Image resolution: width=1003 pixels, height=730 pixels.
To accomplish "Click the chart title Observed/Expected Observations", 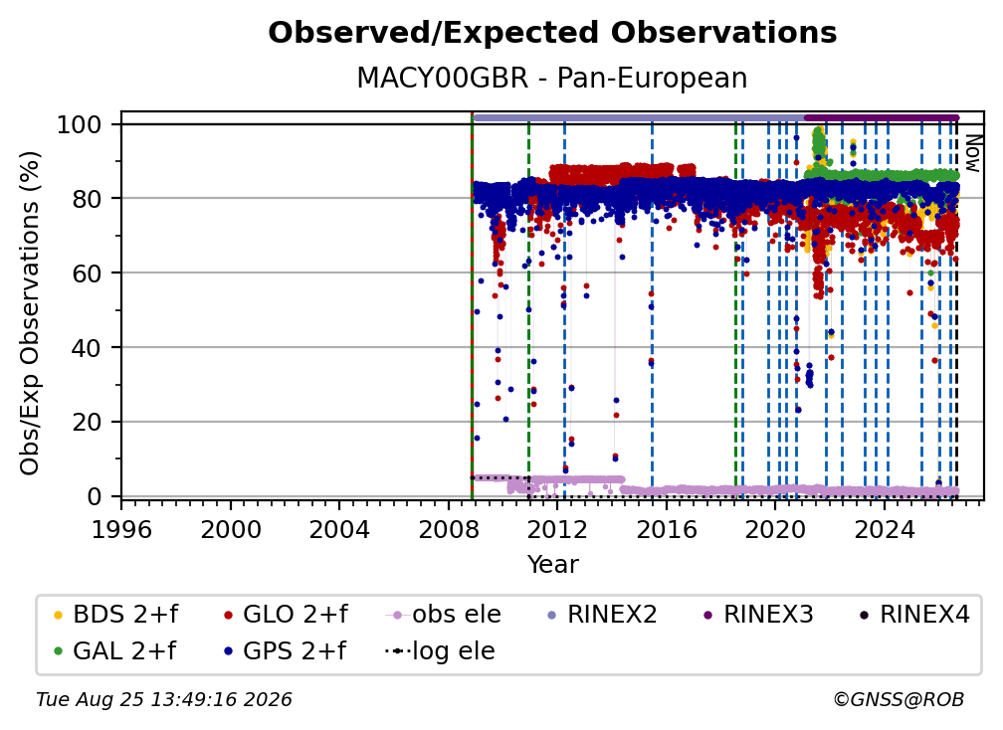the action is [x=552, y=33].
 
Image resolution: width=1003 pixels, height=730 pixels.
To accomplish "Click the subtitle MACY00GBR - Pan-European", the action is [x=552, y=78].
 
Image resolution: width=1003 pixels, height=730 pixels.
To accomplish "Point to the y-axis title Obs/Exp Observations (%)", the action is [x=30, y=313].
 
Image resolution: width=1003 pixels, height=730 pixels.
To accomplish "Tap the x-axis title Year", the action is [x=552, y=565].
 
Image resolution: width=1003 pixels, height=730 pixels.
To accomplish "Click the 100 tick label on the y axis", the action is [x=80, y=124].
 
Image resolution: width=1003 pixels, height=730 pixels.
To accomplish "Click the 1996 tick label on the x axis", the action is [x=121, y=530].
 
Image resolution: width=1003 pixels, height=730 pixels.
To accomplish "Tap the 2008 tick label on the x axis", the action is [x=449, y=530].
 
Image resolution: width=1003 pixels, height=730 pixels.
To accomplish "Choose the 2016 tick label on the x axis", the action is [x=667, y=530].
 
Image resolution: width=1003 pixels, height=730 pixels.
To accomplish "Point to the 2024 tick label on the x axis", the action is [x=885, y=530].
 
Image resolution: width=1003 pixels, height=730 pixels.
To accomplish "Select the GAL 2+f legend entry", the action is [x=114, y=651].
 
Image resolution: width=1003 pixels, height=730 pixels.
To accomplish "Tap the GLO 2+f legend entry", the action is [x=286, y=615].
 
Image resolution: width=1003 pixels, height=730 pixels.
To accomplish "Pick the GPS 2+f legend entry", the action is [x=285, y=651].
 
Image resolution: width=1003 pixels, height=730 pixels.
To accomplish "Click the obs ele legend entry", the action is [x=444, y=615].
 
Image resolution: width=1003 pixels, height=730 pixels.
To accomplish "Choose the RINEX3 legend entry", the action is [x=758, y=615].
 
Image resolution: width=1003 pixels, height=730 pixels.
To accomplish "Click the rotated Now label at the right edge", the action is [x=972, y=153].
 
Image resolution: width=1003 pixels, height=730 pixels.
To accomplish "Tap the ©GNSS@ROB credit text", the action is [x=899, y=699].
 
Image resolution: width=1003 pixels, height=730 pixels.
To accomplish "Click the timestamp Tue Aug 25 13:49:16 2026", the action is [x=164, y=699].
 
